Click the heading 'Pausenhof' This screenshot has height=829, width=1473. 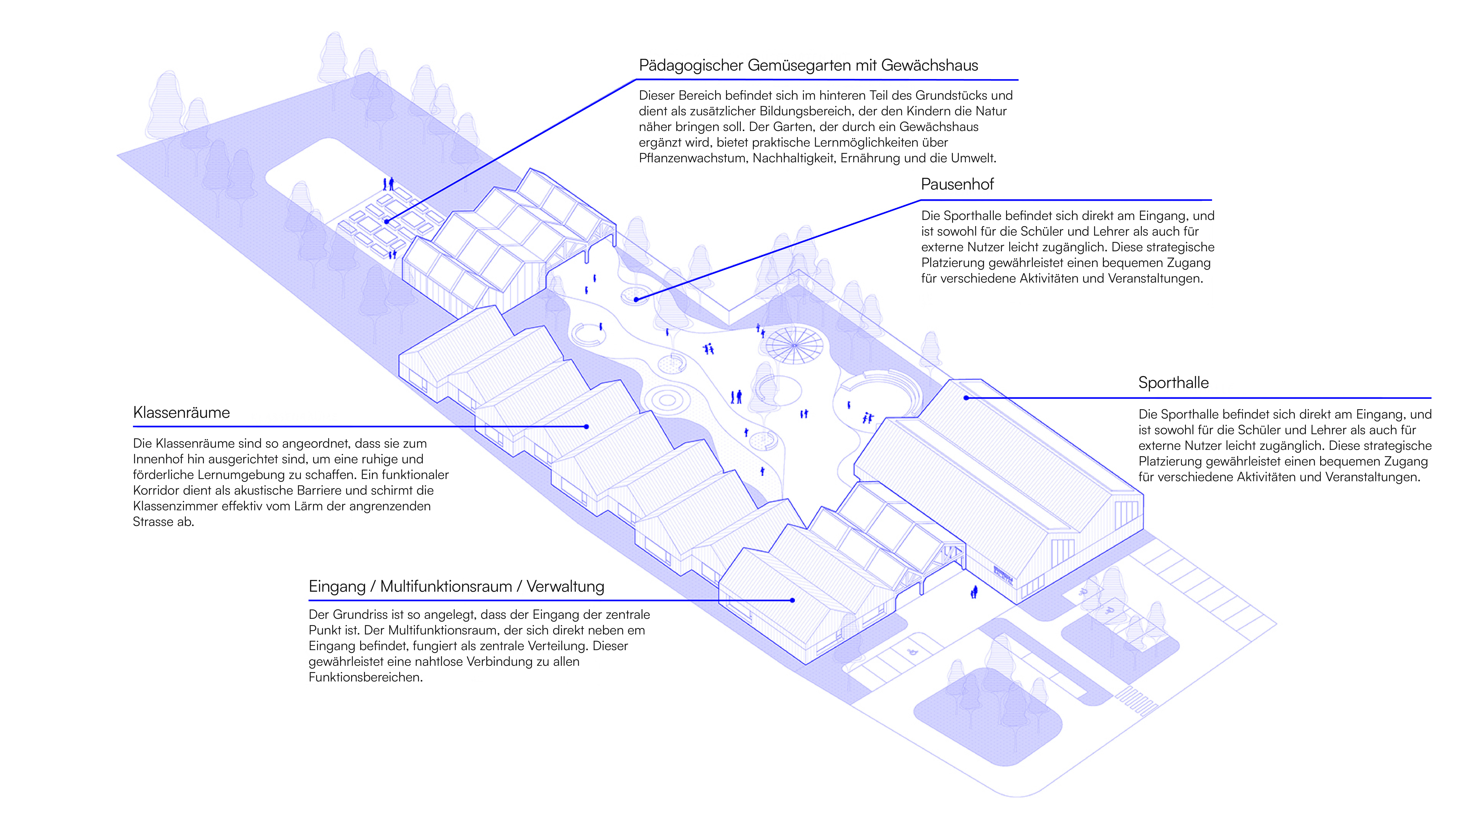pyautogui.click(x=957, y=184)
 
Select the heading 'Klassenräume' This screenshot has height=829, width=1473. pyautogui.click(x=181, y=412)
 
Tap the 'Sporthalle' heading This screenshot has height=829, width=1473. pyautogui.click(x=1173, y=383)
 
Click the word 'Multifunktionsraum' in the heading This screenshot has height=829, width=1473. pyautogui.click(x=446, y=586)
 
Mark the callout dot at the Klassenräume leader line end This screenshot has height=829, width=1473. pyautogui.click(x=587, y=427)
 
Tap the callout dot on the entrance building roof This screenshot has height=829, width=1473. pyautogui.click(x=792, y=600)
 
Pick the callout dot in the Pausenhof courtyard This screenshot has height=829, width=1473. pyautogui.click(x=637, y=299)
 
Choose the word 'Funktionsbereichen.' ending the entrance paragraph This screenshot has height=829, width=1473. pyautogui.click(x=366, y=677)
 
